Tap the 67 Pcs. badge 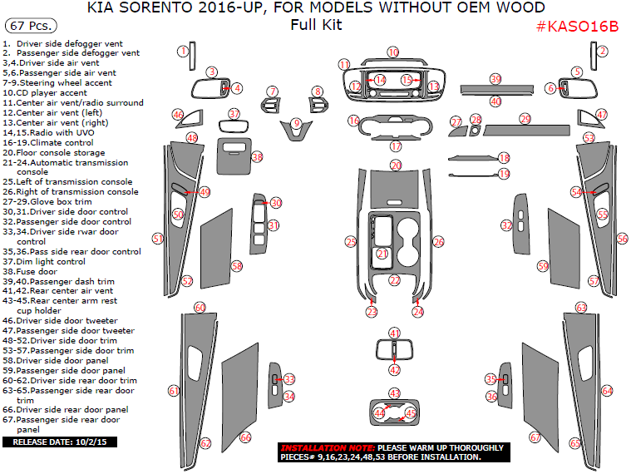coord(25,27)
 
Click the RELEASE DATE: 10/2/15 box coord(60,442)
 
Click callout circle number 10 coord(392,52)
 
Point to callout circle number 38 coord(257,156)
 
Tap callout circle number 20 coord(396,165)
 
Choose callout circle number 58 coord(237,265)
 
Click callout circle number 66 coord(245,437)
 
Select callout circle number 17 coord(396,146)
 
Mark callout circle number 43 coord(395,393)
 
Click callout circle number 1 coord(183,52)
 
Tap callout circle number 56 coord(622,239)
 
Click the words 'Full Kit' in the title coord(316,25)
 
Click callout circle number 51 coord(158,239)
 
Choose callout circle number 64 coord(607,390)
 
